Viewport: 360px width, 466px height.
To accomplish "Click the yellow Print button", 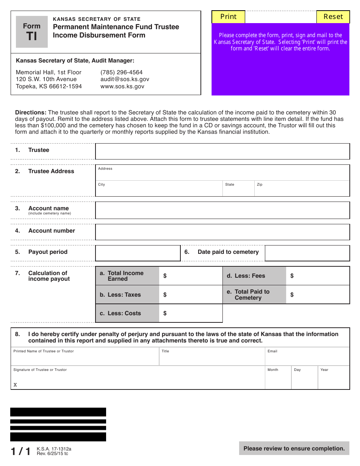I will pyautogui.click(x=228, y=17).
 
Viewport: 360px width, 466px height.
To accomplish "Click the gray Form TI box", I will pyautogui.click(x=32, y=32).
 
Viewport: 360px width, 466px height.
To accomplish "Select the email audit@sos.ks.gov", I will pyautogui.click(x=125, y=79).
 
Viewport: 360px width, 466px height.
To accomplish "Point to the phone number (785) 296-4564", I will pyautogui.click(x=121, y=72).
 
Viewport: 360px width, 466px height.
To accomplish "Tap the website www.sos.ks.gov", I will pyautogui.click(x=122, y=86).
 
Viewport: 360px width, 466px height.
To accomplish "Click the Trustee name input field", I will pyautogui.click(x=222, y=151).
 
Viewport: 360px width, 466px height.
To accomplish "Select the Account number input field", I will pyautogui.click(x=222, y=232).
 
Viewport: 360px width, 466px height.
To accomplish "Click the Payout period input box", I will pyautogui.click(x=138, y=253).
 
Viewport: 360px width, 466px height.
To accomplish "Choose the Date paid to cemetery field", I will pyautogui.click(x=307, y=253).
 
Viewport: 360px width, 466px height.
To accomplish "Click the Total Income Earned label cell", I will pyautogui.click(x=127, y=276).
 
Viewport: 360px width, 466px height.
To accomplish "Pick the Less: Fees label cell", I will pyautogui.click(x=254, y=276).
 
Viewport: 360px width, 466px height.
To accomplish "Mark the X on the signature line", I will pyautogui.click(x=15, y=385).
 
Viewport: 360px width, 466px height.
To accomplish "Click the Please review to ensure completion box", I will pyautogui.click(x=294, y=449).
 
